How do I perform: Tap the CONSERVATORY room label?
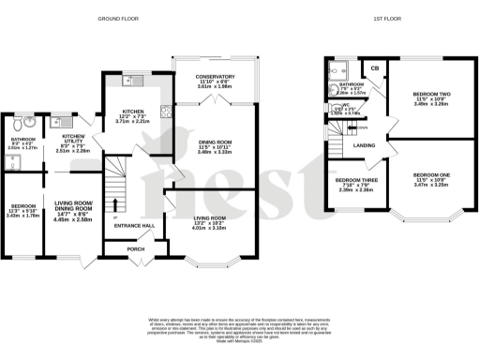point(215,76)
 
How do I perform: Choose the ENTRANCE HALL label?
point(133,226)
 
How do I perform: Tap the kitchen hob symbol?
point(166,112)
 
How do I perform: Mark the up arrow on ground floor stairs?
point(114,204)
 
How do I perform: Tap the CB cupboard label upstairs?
point(375,67)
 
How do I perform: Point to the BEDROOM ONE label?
point(431,176)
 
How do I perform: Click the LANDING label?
point(365,145)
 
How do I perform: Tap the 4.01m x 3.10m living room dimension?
point(210,227)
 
